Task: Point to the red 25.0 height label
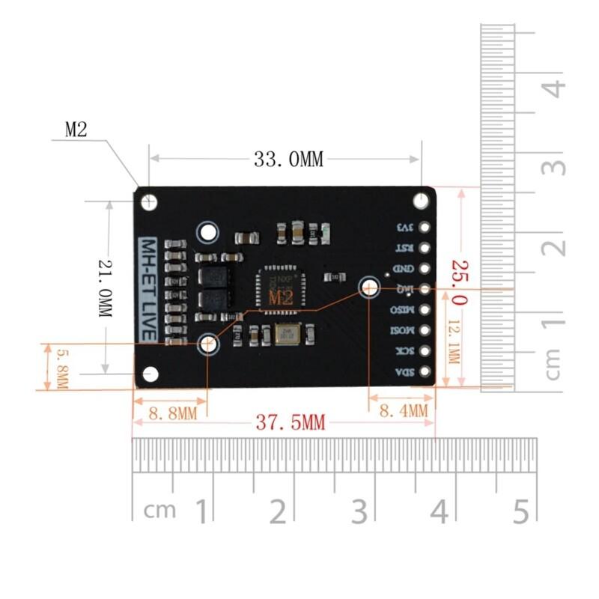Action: pos(458,283)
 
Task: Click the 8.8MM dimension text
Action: pos(172,412)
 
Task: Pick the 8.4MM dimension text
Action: pos(404,410)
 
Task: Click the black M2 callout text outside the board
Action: pos(76,130)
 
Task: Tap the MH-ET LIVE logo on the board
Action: pos(149,289)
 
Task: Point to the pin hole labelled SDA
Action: pos(425,371)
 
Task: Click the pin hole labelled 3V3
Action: pos(425,228)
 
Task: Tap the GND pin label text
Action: pos(403,268)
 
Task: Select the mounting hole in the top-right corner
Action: pos(422,201)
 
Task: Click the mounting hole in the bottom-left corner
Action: pos(150,373)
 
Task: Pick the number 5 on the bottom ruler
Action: pos(522,511)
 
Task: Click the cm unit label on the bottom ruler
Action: pos(160,511)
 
